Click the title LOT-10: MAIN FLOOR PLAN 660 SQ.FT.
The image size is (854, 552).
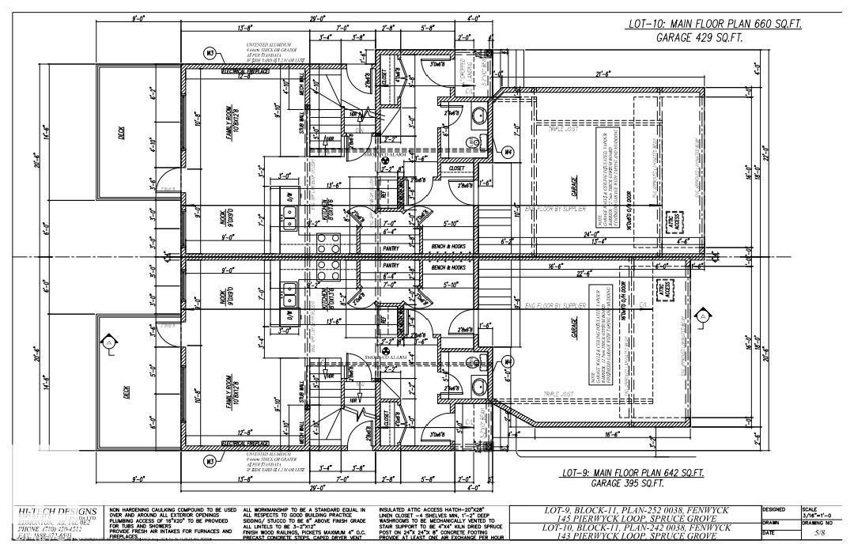715,25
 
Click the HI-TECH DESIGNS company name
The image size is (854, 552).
57,512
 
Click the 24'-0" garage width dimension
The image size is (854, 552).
590,233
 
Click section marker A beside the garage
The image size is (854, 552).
701,316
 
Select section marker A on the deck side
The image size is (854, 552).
108,343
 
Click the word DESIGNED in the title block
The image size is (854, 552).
774,510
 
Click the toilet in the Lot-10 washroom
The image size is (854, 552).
478,117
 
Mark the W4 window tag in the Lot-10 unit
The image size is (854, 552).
508,151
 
